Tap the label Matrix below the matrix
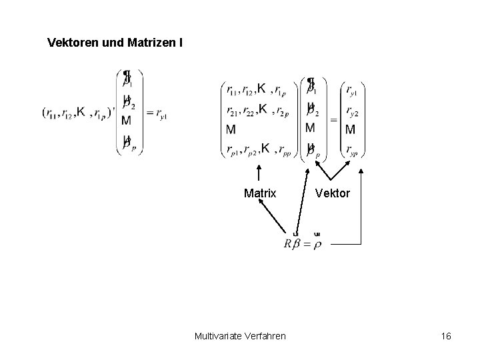coord(259,193)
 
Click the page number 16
coord(446,335)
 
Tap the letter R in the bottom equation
coord(288,243)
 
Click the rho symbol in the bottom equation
coord(317,244)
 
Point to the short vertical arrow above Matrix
coord(257,174)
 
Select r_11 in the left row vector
coord(53,114)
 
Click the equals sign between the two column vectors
coord(332,119)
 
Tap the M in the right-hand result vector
coord(350,129)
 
